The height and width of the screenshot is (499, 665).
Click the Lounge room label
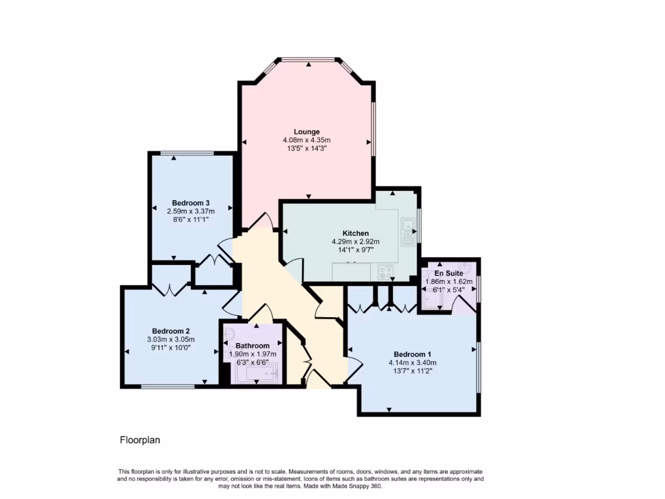[307, 132]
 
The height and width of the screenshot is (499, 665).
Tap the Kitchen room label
[355, 233]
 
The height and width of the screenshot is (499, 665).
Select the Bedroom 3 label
[190, 202]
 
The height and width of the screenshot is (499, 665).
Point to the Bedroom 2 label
[171, 330]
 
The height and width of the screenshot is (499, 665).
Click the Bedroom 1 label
[412, 354]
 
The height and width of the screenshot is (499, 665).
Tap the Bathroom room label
[253, 346]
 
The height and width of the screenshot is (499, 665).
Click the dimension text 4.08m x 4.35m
[307, 140]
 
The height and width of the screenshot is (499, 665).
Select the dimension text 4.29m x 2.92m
[355, 242]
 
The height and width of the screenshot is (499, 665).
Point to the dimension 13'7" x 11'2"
[412, 371]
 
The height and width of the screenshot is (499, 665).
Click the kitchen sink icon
[408, 232]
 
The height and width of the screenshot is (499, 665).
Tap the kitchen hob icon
[385, 272]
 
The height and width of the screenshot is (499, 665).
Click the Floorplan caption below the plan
[140, 440]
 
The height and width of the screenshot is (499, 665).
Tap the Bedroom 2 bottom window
[168, 387]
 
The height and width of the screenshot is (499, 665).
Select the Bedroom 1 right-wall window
[479, 367]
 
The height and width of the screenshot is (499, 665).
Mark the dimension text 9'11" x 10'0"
[171, 347]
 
